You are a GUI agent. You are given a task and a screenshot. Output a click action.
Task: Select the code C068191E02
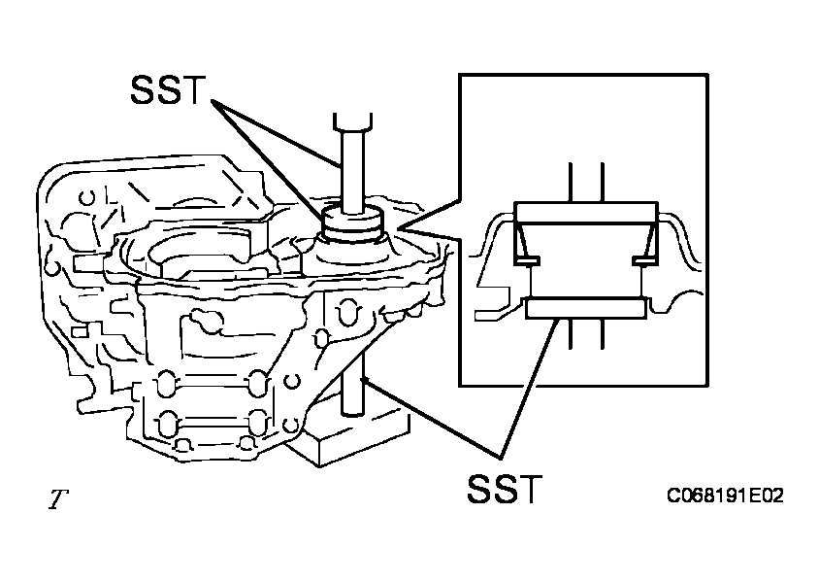(724, 496)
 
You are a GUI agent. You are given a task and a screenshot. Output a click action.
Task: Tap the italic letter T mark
(59, 500)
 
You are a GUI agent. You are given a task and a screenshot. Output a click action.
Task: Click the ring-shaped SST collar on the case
(352, 225)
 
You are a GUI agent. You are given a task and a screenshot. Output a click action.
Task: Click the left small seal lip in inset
(528, 260)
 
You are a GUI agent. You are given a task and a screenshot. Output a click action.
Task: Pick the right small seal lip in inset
(643, 260)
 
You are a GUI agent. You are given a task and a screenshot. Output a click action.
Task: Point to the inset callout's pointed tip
(401, 230)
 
